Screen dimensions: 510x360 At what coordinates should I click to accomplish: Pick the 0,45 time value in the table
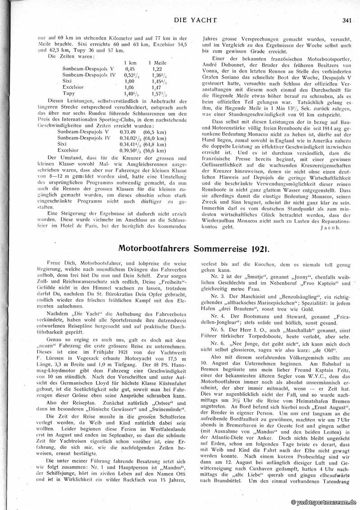129,68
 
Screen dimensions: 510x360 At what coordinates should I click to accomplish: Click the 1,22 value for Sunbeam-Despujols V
157,68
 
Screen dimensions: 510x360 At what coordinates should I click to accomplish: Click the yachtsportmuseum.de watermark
324,502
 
